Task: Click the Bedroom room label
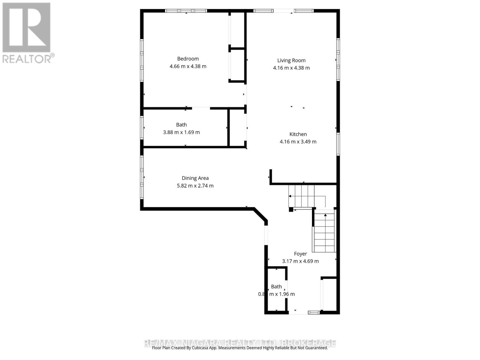click(188, 59)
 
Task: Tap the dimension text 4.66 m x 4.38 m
click(188, 66)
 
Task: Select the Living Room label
click(291, 60)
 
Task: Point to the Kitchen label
click(298, 134)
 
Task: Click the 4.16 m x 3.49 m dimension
click(298, 142)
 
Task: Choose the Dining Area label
click(195, 178)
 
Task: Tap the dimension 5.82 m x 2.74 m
click(195, 186)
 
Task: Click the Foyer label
click(300, 254)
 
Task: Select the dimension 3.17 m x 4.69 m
click(300, 261)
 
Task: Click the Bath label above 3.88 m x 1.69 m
click(181, 125)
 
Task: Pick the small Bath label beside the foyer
click(276, 286)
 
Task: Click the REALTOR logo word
click(28, 59)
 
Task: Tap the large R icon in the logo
click(26, 28)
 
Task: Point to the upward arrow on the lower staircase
click(325, 215)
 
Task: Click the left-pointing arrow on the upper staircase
click(290, 196)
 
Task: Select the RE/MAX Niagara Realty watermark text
click(240, 343)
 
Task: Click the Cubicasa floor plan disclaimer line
click(240, 348)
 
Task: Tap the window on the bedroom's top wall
click(186, 11)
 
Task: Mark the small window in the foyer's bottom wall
click(314, 313)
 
